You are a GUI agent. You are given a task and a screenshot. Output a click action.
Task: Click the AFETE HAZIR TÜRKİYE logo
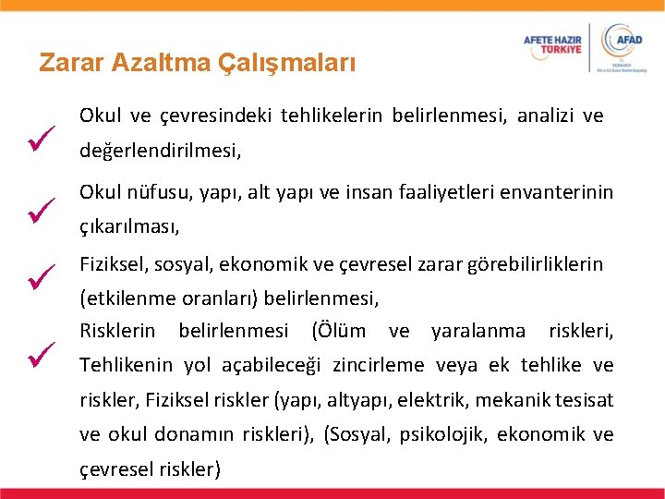click(x=553, y=43)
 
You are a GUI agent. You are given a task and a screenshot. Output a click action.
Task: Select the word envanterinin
click(x=561, y=192)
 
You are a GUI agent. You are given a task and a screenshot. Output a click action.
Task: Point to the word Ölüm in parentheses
click(x=341, y=331)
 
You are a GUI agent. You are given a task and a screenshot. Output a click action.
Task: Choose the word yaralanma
click(x=478, y=331)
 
